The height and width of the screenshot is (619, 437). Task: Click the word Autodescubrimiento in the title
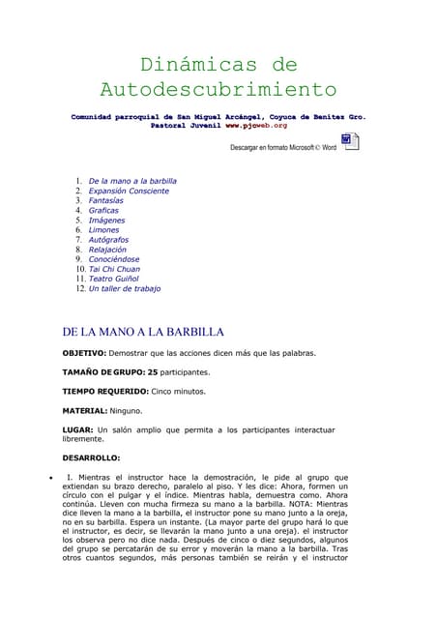218,91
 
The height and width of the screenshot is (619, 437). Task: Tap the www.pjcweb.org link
256,126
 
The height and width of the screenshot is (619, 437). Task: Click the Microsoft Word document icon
350,143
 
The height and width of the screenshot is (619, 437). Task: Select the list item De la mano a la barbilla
132,181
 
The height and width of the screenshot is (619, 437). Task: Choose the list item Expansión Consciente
129,192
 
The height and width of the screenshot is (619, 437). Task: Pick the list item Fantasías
108,201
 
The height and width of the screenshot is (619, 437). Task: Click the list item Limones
104,230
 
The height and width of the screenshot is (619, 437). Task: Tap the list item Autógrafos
108,240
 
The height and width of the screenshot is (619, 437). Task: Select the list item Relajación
107,250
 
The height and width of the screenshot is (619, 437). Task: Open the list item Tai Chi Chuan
113,269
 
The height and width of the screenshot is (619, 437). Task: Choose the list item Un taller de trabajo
125,288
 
